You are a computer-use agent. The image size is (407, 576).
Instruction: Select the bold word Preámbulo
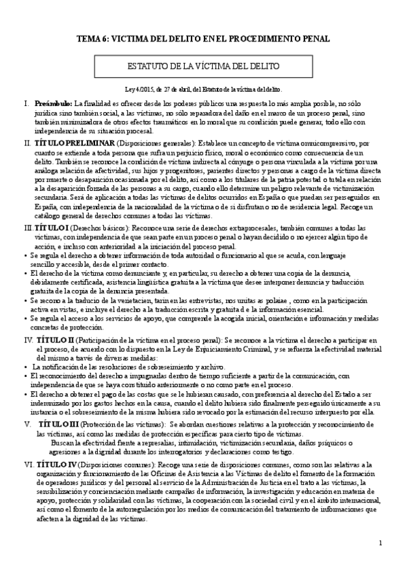52,103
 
